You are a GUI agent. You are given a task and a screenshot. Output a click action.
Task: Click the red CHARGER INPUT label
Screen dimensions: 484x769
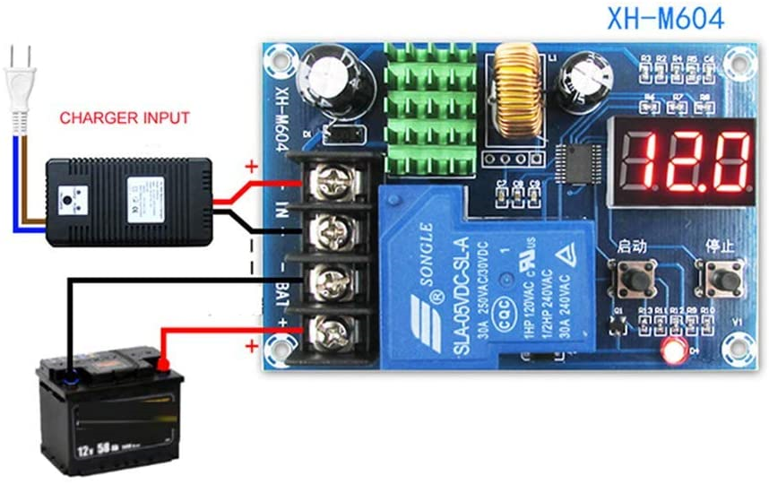coord(125,117)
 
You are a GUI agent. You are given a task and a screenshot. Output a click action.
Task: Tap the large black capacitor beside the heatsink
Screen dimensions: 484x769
coord(326,81)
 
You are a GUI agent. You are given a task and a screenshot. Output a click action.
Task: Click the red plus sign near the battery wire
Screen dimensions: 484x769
coord(252,346)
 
